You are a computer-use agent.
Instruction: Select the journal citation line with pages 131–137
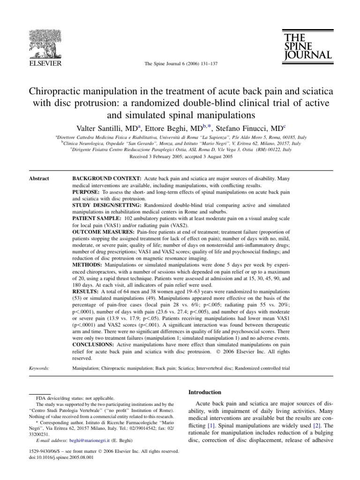click(180, 64)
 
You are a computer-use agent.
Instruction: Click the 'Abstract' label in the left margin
click(39, 179)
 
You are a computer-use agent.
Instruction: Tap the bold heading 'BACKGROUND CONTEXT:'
click(106, 179)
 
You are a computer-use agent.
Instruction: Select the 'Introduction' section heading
click(205, 392)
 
